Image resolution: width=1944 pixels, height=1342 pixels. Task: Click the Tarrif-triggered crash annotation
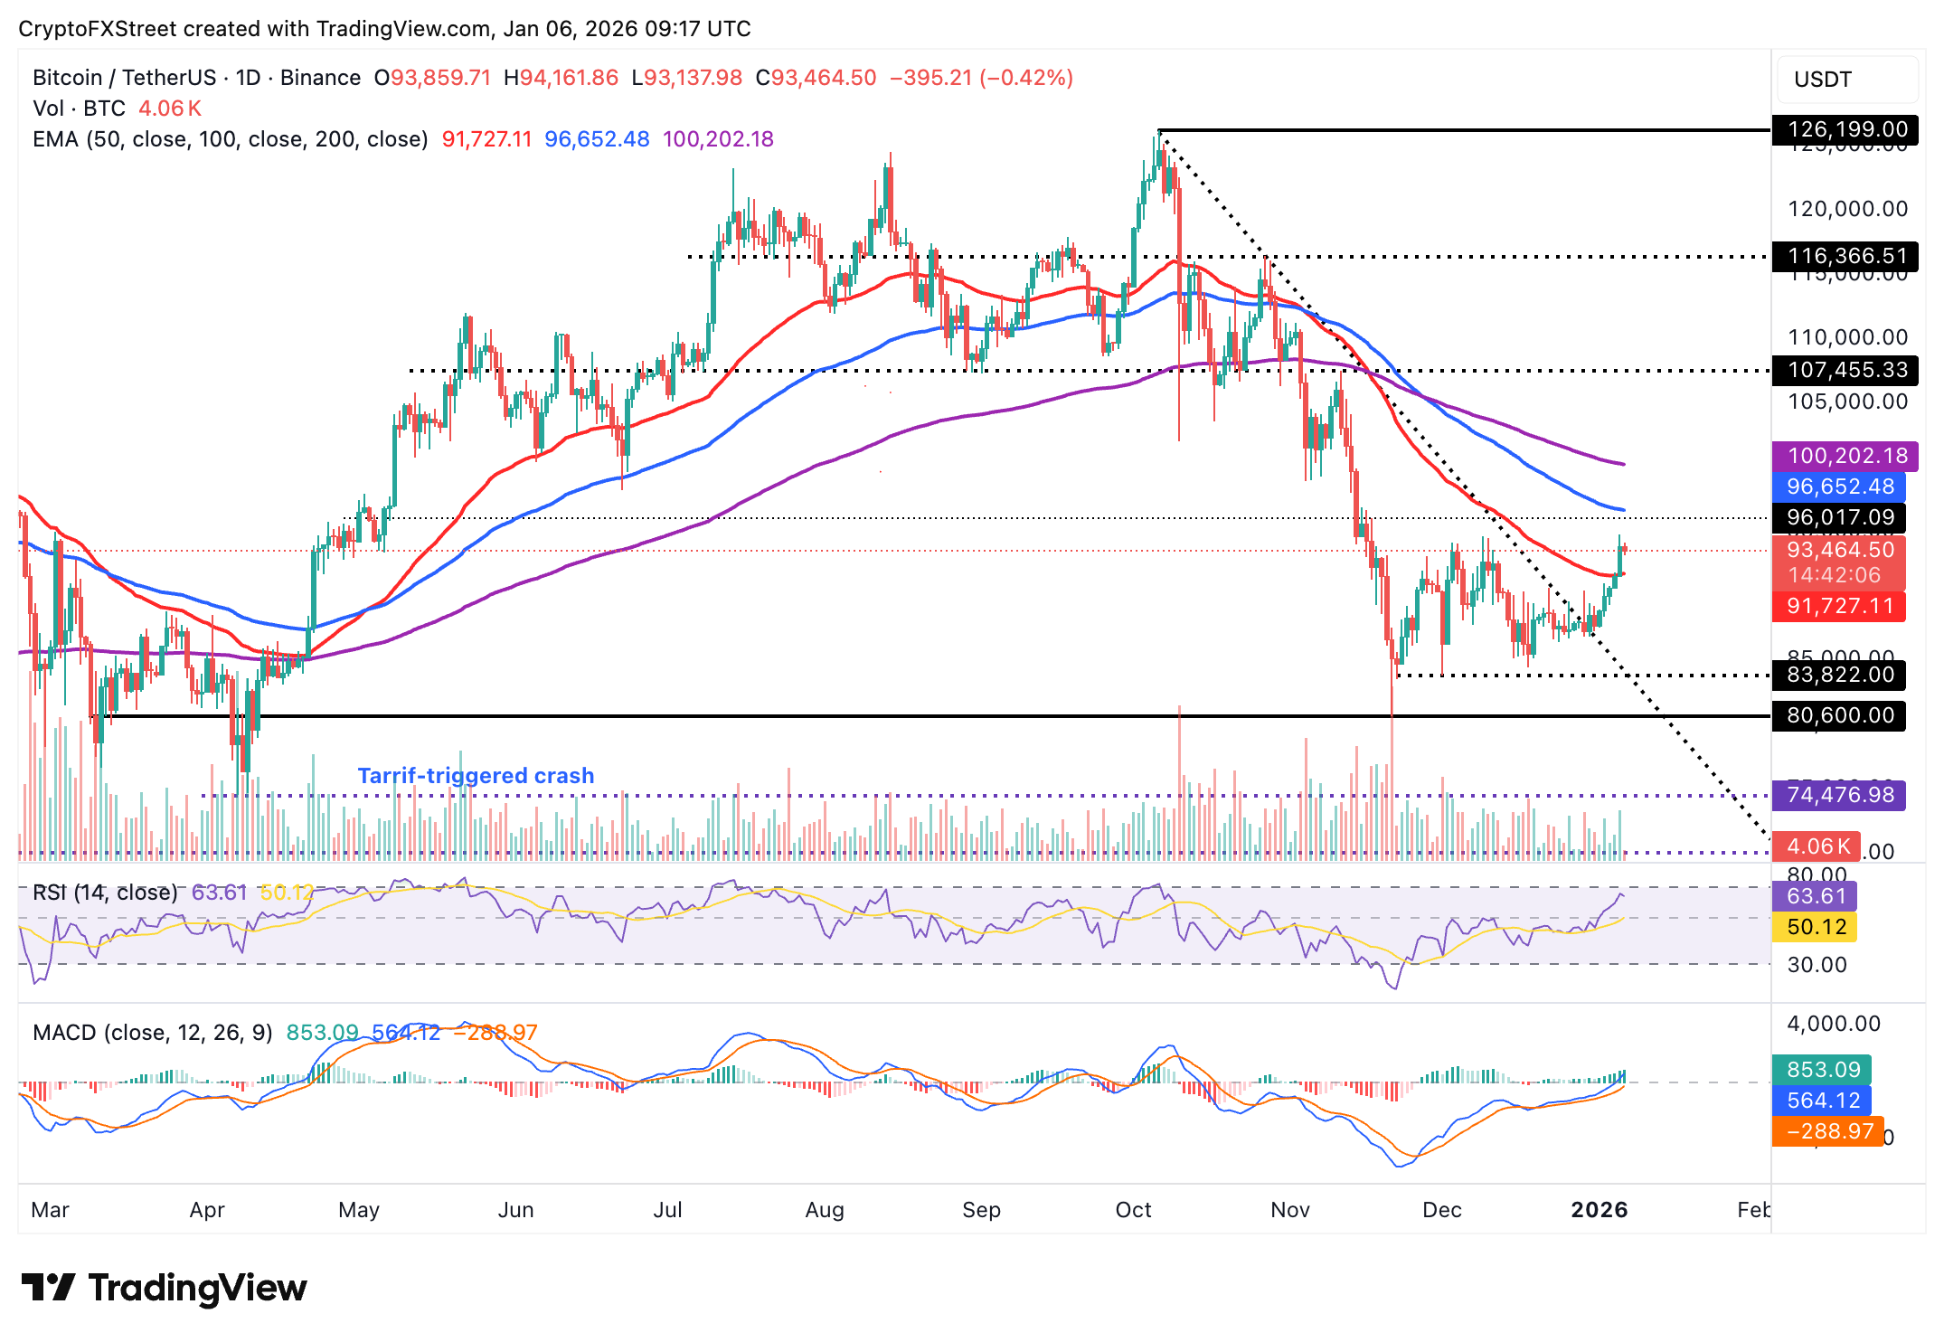point(476,776)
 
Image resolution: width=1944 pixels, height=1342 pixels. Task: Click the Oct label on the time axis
point(1133,1210)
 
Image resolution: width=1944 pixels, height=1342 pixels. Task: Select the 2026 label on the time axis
point(1599,1210)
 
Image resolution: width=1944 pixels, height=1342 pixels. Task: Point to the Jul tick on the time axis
point(667,1210)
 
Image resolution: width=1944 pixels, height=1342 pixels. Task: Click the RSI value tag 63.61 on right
point(1816,896)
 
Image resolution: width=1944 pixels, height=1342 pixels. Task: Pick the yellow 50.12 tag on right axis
point(1816,927)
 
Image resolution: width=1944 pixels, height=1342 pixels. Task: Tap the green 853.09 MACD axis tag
point(1822,1070)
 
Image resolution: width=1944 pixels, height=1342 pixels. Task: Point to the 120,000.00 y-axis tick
point(1846,209)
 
